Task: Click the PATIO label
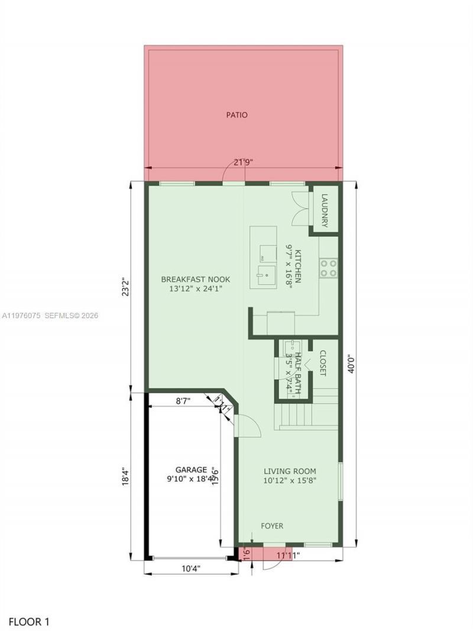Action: pyautogui.click(x=237, y=115)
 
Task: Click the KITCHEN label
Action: pyautogui.click(x=299, y=266)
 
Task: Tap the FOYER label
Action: pyautogui.click(x=272, y=526)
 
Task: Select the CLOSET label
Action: pyautogui.click(x=323, y=363)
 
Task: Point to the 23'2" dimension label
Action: pyautogui.click(x=125, y=287)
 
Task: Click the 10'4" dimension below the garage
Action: pyautogui.click(x=190, y=569)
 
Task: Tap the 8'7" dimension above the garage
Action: pyautogui.click(x=183, y=401)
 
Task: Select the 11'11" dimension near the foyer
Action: pyautogui.click(x=288, y=555)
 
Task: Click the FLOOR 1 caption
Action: pyautogui.click(x=29, y=622)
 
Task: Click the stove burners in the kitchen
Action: pyautogui.click(x=328, y=268)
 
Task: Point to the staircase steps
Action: pyautogui.click(x=296, y=414)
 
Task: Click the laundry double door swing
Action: pyautogui.click(x=300, y=209)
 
